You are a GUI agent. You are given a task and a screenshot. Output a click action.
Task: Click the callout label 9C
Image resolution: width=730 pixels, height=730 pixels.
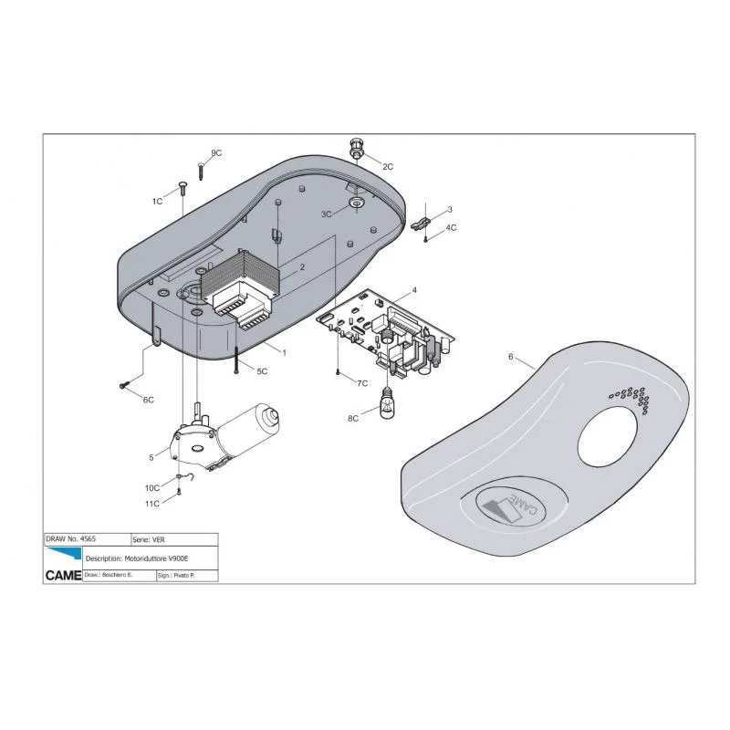(216, 153)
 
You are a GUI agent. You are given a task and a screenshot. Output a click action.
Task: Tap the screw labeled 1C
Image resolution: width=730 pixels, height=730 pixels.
(182, 190)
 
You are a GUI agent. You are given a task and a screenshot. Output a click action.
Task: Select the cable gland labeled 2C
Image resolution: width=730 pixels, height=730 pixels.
(357, 147)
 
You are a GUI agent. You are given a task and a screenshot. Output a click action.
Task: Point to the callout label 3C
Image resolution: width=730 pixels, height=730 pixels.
(327, 214)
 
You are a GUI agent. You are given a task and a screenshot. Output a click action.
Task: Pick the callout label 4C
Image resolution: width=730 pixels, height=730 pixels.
(451, 227)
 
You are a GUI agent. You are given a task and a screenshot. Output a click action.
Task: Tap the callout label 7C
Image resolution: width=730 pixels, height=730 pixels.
(362, 383)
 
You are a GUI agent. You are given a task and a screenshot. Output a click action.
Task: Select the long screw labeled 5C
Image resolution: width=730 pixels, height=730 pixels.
(236, 360)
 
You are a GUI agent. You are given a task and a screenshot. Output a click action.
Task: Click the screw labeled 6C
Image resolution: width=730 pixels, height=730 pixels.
(123, 384)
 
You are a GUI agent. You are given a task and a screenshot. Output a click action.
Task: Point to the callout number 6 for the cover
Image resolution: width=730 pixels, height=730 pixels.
(511, 357)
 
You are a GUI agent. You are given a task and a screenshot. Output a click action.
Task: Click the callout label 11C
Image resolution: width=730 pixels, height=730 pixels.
(152, 504)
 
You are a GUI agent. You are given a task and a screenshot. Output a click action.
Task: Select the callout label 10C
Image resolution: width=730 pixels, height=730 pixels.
(152, 488)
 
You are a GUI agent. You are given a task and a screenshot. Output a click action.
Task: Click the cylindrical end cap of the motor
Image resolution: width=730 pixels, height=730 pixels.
(269, 415)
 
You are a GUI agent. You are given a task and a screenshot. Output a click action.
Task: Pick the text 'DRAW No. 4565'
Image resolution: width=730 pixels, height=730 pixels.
(71, 538)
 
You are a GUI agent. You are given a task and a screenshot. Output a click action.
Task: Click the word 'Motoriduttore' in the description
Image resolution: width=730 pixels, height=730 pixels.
(146, 558)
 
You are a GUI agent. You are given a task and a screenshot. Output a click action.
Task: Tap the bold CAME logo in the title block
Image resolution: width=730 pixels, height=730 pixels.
(63, 576)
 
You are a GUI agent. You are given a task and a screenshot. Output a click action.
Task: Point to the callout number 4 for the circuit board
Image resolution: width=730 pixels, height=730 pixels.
(414, 290)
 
